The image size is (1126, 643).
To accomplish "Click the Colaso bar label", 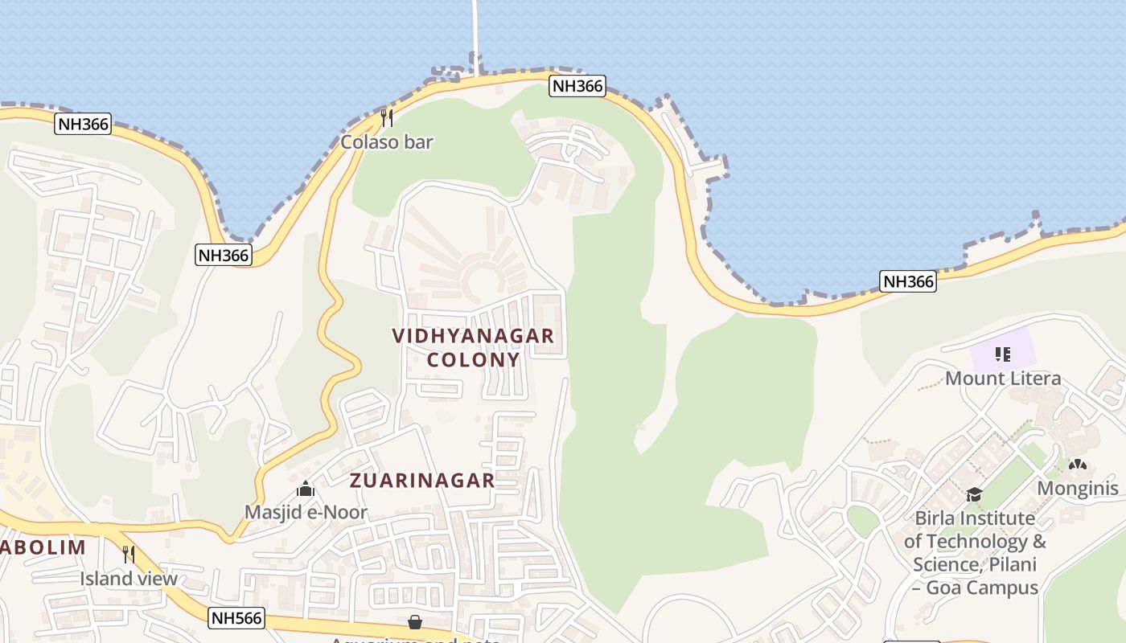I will click(387, 142).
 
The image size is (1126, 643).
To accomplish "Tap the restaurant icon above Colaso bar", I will click(387, 118).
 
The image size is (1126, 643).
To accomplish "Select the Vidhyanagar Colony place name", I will click(474, 347).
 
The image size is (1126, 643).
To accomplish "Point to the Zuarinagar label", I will click(422, 481).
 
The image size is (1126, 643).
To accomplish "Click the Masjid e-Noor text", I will click(306, 512).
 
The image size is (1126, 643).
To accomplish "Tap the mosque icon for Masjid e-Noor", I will click(306, 489).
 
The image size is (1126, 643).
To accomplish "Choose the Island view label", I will click(129, 579).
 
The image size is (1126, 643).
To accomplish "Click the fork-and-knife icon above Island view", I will click(128, 555).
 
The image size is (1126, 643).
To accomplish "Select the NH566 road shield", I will click(236, 618).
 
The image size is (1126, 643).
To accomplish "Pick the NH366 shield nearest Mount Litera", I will click(909, 281).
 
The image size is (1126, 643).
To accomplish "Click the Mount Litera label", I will click(1003, 378).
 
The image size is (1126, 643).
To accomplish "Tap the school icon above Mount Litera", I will click(1002, 354).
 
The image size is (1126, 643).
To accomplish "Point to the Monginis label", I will click(1078, 489).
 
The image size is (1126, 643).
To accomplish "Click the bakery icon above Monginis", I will click(1078, 465).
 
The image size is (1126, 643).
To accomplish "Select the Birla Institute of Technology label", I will click(975, 552).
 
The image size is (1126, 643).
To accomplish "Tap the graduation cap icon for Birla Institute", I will click(974, 494).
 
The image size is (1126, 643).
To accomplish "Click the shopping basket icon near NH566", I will click(415, 622).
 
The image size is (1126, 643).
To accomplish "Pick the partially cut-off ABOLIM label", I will click(43, 548).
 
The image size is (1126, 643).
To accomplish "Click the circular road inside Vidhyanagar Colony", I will click(483, 278).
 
